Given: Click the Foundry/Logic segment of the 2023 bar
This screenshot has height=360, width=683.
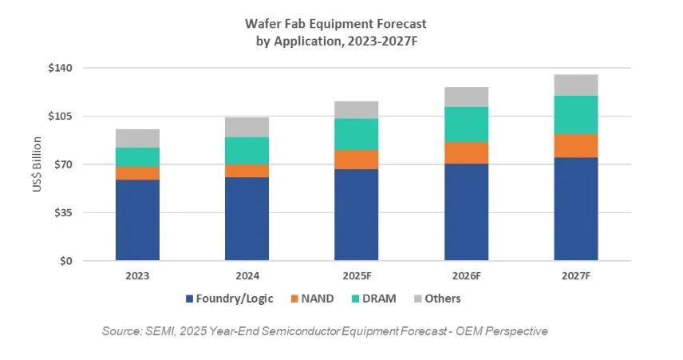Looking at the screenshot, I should pos(137,220).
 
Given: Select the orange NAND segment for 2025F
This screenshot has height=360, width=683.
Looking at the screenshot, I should pos(357,160).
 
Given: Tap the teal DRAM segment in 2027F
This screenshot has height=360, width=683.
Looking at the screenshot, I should pos(576,115).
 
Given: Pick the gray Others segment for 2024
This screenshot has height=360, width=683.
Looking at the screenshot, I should pos(247,127).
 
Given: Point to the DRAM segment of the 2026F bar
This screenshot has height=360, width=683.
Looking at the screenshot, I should pos(466,125).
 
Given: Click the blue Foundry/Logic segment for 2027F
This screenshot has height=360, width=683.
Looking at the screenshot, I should pos(576,208).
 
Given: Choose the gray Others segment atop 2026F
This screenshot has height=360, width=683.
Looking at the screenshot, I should pos(466,97).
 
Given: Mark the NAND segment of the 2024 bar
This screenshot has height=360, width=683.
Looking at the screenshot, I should pos(247,171).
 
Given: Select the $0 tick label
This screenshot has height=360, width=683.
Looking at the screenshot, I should pos(67,261).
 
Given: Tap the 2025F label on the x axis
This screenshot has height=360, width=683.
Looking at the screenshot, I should pos(357,275).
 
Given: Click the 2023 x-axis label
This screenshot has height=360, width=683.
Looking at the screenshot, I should pos(137,275).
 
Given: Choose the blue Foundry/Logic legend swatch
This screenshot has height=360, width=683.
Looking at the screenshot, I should pos(189,299).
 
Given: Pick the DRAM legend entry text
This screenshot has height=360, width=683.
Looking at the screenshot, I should pos(378,299).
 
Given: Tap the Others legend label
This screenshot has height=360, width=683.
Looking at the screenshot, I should pos(444,299).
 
